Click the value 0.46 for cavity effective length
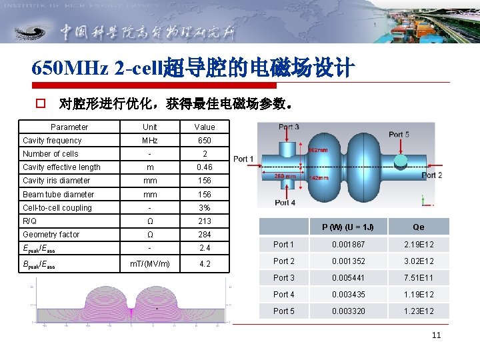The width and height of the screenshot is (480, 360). coord(205,167)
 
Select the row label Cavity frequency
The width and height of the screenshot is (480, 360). coord(52,141)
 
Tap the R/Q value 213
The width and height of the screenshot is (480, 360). coord(205,221)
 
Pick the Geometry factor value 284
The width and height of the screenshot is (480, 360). coord(205,235)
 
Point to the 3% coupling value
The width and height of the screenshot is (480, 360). coord(205,208)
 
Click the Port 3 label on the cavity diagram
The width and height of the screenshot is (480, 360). coord(288,127)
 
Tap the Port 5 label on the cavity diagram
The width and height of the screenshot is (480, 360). coord(399,135)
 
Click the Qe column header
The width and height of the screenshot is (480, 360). coord(419,227)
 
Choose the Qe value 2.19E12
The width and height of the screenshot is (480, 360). coord(419,245)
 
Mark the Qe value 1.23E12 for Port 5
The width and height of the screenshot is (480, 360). coord(419,310)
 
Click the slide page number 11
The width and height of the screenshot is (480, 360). coord(436,335)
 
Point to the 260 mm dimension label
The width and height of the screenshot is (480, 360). coord(286,177)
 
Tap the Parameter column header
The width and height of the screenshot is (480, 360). coord(69,127)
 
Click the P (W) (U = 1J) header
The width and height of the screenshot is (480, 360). coord(348,227)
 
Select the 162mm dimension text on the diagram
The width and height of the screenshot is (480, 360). coord(317,151)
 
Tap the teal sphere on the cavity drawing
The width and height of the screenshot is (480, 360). coord(401,161)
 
